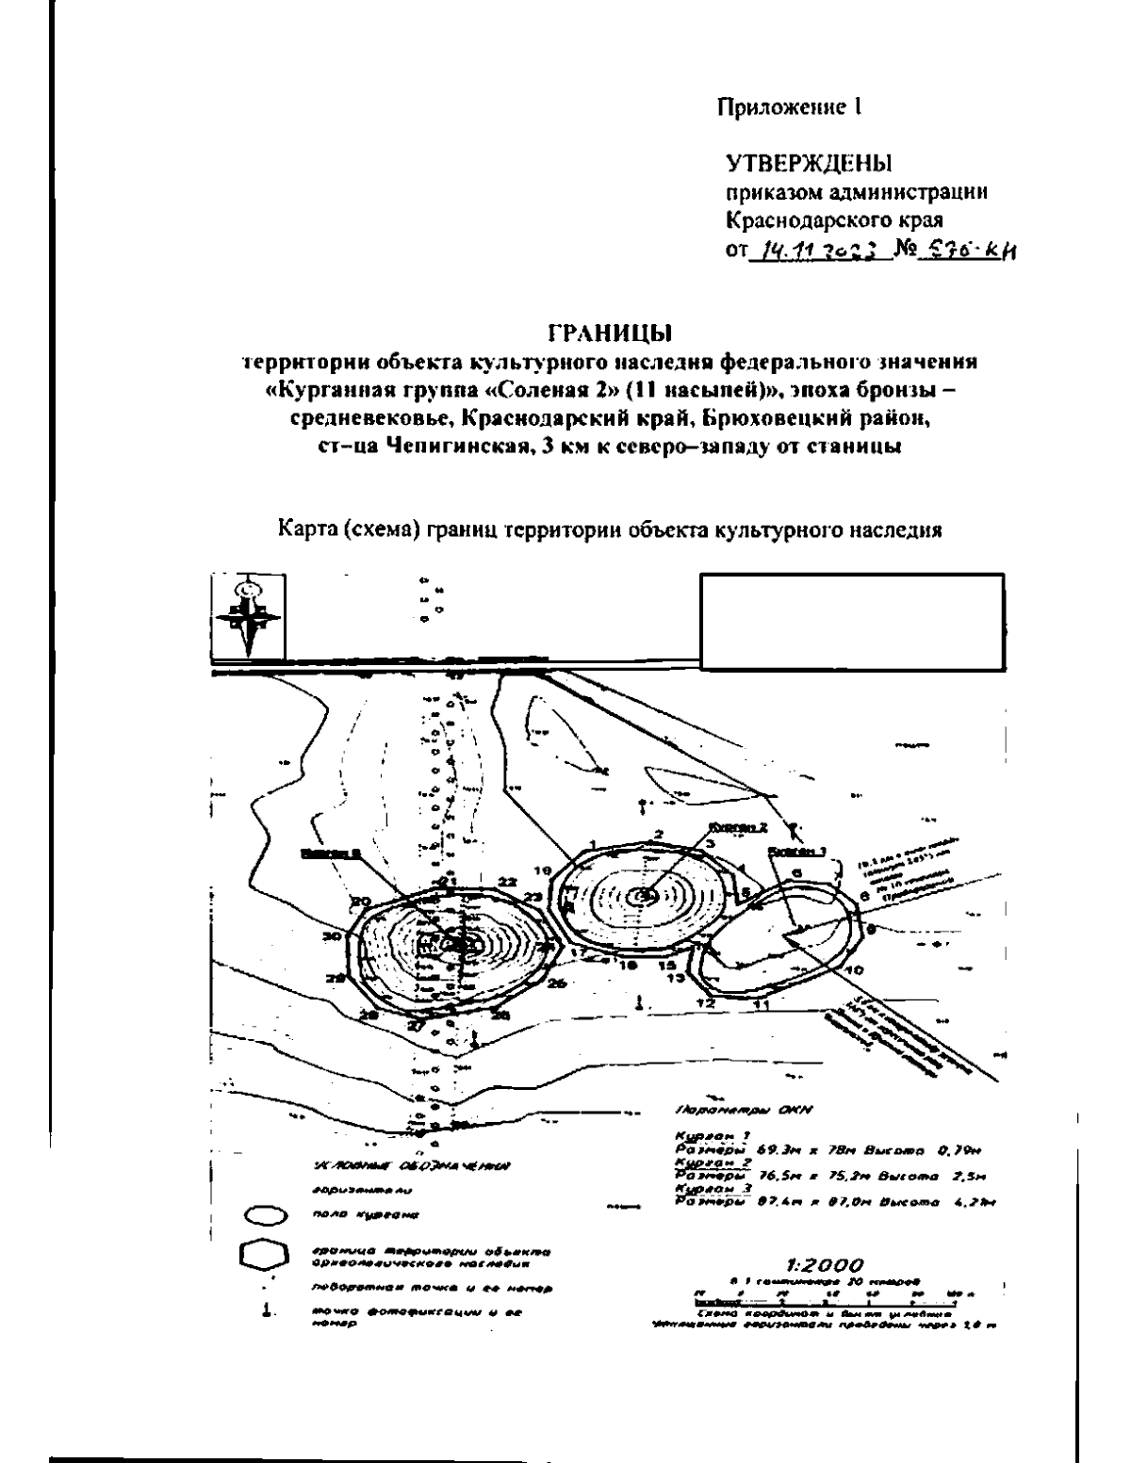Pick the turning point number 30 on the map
tap(330, 936)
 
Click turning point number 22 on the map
tap(508, 882)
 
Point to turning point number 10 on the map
tap(855, 969)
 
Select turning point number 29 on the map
tap(336, 978)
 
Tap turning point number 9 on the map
tap(871, 930)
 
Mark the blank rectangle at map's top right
tap(851, 622)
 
